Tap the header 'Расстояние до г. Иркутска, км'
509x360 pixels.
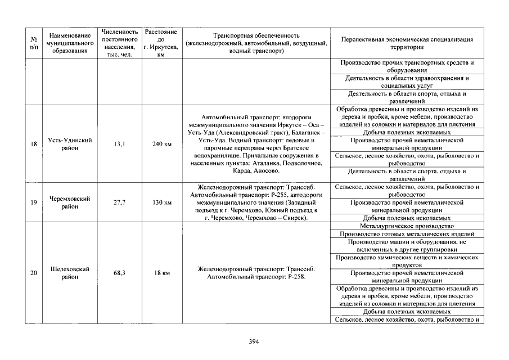click(161, 43)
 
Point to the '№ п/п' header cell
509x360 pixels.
click(34, 43)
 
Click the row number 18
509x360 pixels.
click(34, 144)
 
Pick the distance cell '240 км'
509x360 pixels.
click(161, 144)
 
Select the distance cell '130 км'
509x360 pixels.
click(161, 202)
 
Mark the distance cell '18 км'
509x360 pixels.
click(161, 273)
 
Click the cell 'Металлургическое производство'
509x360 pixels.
click(406, 226)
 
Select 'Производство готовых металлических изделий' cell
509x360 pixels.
click(406, 233)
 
